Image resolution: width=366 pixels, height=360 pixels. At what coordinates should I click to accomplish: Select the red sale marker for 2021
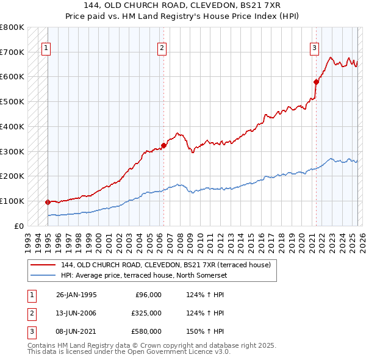(x=316, y=81)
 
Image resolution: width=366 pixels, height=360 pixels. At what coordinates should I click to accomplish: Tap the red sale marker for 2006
(x=163, y=145)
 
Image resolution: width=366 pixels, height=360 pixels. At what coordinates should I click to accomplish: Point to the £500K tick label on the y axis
(x=12, y=101)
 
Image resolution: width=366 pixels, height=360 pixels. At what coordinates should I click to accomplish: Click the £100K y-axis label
(x=12, y=201)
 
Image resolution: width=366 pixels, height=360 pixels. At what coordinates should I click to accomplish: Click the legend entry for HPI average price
(x=143, y=275)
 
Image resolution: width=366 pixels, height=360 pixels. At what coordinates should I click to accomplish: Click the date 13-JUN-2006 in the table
(x=76, y=313)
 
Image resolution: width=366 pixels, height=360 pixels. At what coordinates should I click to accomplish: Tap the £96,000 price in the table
(x=148, y=295)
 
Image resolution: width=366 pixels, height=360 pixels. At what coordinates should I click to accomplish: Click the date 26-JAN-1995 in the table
(x=76, y=295)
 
